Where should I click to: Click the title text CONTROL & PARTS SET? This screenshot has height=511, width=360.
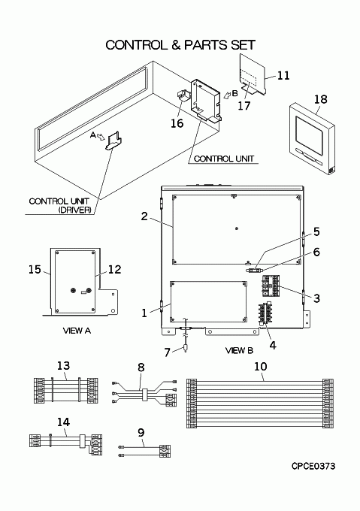click(180, 45)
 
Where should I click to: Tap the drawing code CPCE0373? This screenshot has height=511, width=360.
click(313, 467)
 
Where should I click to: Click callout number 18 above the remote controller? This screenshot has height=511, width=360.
click(321, 99)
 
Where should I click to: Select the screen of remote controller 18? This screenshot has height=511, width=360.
click(310, 133)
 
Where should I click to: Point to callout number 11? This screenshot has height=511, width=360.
click(283, 75)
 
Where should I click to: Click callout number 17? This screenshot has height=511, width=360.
click(244, 105)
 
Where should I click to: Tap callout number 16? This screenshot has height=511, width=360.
click(177, 123)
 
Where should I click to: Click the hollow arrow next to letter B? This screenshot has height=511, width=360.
click(227, 95)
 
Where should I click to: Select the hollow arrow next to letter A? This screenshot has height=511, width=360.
click(101, 138)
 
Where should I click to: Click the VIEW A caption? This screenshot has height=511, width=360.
click(77, 331)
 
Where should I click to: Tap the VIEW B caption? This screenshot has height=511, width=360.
click(239, 351)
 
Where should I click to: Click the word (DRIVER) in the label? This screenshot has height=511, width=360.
click(74, 210)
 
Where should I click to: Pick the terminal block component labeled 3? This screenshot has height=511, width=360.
click(271, 286)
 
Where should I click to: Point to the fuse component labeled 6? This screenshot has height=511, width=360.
click(254, 271)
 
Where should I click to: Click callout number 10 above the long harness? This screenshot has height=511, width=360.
click(260, 367)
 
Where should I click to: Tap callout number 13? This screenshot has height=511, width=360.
click(63, 366)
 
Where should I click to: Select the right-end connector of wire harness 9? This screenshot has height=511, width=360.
click(165, 451)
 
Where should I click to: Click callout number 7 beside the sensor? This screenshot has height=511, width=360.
click(167, 352)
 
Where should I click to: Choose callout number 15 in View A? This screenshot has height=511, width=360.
click(35, 270)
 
